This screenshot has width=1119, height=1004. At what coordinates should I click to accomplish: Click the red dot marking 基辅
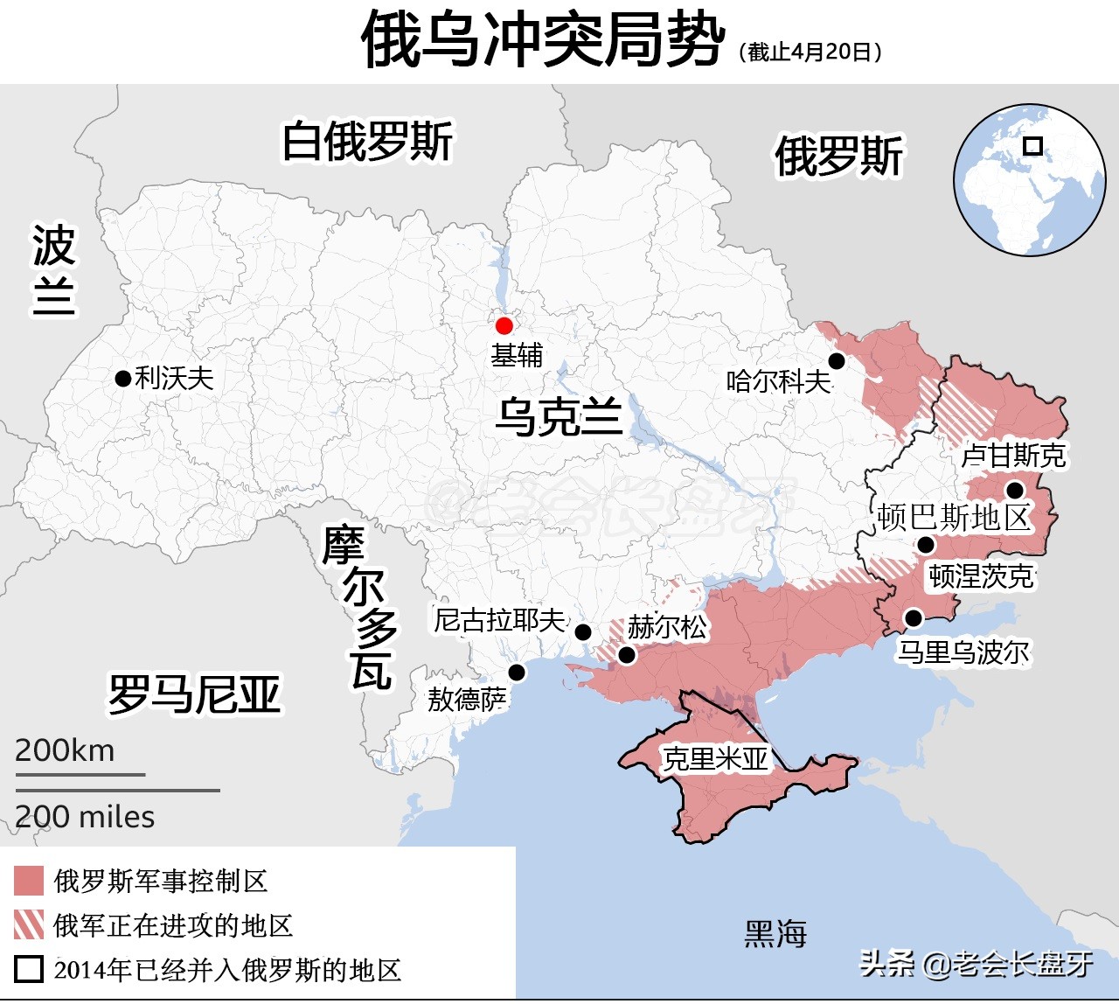coord(504,326)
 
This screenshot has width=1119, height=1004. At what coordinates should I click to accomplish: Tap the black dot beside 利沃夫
coord(123,379)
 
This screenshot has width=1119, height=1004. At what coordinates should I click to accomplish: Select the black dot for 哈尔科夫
coord(837,361)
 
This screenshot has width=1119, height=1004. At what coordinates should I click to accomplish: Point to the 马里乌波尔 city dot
coord(914,618)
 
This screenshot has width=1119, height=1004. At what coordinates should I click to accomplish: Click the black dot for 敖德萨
coord(517,673)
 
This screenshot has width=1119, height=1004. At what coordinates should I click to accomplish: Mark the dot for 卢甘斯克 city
coord(1015,490)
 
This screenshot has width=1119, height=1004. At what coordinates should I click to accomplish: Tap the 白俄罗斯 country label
coord(367,142)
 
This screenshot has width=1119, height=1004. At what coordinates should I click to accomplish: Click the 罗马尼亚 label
coord(194,694)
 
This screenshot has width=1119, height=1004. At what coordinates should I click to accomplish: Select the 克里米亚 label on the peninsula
coord(715,759)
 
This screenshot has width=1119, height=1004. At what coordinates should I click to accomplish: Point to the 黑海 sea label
coord(775,934)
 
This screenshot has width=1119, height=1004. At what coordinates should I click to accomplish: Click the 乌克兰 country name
coord(559,416)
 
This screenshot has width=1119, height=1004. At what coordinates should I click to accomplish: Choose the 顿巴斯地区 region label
coord(955,518)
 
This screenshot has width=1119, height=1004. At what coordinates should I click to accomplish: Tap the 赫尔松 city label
coord(667,626)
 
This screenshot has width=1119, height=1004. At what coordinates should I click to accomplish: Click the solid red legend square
coord(29,881)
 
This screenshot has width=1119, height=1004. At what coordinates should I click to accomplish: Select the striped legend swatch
coord(29,924)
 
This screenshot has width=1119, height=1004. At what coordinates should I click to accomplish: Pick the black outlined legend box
coord(29,969)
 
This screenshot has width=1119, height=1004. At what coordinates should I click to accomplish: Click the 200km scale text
coord(65,750)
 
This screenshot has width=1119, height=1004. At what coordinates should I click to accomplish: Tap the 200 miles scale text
coord(85,817)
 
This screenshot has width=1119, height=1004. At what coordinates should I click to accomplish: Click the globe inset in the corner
coord(1029,179)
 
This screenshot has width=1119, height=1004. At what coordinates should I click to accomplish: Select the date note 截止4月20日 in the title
coord(810,52)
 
